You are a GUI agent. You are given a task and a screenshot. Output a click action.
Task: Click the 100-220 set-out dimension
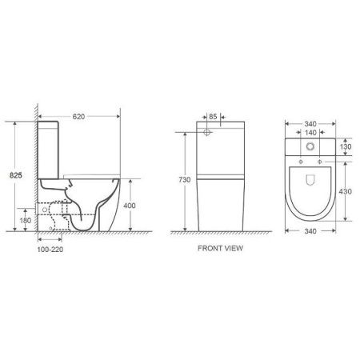(x=50, y=250)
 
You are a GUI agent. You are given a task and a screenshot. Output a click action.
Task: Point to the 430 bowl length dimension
(x=346, y=192)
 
